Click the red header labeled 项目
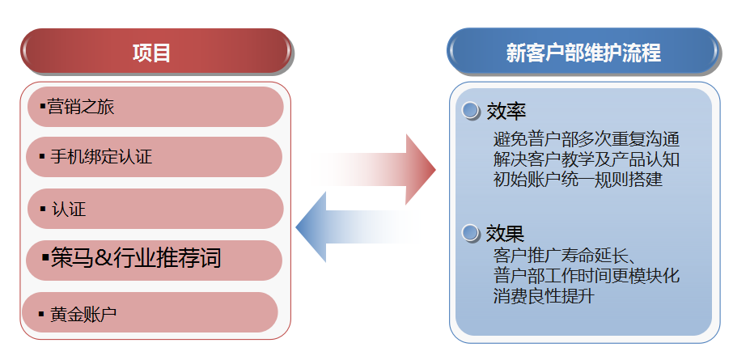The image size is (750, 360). point(154,53)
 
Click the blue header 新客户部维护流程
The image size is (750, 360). point(583,53)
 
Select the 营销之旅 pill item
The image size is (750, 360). point(155,107)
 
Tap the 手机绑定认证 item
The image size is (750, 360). point(154,157)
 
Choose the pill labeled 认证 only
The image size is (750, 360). point(154,209)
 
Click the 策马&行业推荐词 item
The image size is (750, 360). point(154,260)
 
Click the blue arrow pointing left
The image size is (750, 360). point(356,227)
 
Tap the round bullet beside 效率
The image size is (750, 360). point(471,111)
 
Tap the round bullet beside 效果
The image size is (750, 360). point(471,235)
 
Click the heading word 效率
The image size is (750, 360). point(506,111)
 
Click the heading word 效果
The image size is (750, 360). point(506,235)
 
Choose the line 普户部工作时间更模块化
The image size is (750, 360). point(586,276)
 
